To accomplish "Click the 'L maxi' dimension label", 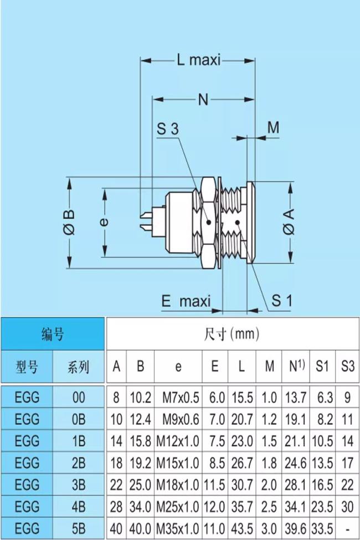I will tap(199, 59).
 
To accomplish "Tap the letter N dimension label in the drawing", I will tap(203, 100).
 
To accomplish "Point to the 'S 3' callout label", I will tap(167, 130).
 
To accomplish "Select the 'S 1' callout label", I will tap(281, 301).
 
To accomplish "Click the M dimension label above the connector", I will tap(274, 127).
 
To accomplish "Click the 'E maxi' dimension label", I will tap(186, 301).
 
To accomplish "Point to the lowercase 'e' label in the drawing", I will tap(104, 223).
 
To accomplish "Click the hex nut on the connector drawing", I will tap(208, 223).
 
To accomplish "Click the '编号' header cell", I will tap(53, 334).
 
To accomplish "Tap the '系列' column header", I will tap(79, 366).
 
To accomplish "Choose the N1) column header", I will tap(295, 366).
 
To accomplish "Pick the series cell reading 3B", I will tap(79, 485).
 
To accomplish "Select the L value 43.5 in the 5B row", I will tap(242, 528).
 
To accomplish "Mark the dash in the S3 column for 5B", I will tap(347, 528).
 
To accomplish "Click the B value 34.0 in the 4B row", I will tap(141, 506).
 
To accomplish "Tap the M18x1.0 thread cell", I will tap(178, 485).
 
